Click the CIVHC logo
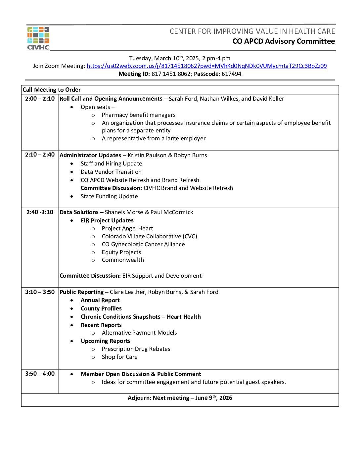tap(38, 38)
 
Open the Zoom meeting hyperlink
tap(206, 66)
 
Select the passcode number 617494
tap(231, 74)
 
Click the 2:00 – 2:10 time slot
tap(40, 99)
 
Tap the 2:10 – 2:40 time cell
tap(40, 155)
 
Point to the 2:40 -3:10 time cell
tap(40, 212)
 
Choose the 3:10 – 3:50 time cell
tap(40, 292)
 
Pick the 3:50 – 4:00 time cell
tap(40, 374)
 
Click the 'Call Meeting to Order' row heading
tap(52, 90)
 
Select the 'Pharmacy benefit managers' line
tap(139, 115)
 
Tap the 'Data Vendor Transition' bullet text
tap(111, 172)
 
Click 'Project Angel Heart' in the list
tap(127, 228)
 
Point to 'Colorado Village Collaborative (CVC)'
tap(149, 236)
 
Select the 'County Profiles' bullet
tap(101, 308)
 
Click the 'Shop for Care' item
tap(119, 357)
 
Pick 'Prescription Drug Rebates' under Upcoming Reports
tap(136, 349)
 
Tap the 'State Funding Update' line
tap(109, 196)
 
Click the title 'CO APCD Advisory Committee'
tap(284, 41)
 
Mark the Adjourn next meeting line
tap(180, 398)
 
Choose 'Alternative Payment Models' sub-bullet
tap(139, 333)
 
